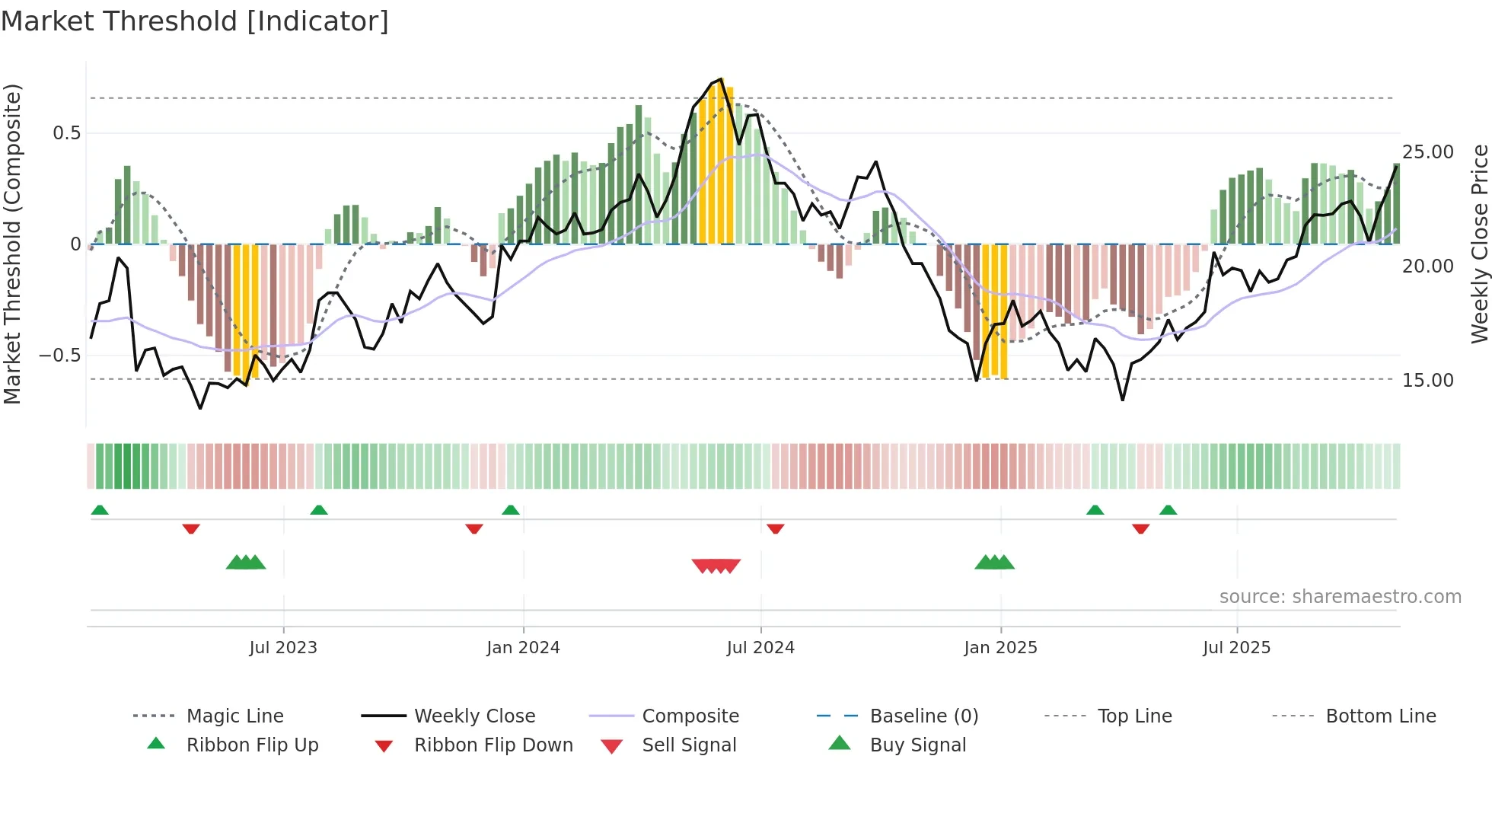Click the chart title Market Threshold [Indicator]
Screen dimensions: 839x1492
pyautogui.click(x=195, y=21)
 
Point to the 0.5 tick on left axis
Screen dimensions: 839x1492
pyautogui.click(x=66, y=133)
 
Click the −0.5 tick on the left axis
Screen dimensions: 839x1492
pyautogui.click(x=59, y=356)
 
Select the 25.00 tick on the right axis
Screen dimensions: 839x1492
pyautogui.click(x=1428, y=152)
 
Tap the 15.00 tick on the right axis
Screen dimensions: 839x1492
pyautogui.click(x=1428, y=381)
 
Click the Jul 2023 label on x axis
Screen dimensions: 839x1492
pyautogui.click(x=283, y=648)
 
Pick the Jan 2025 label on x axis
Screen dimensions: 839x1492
pyautogui.click(x=1000, y=648)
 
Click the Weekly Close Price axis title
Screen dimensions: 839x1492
pyautogui.click(x=1479, y=244)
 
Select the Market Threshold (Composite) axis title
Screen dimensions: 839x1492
pyautogui.click(x=12, y=244)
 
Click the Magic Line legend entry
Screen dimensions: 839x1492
pyautogui.click(x=234, y=716)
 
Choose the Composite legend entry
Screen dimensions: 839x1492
pyautogui.click(x=690, y=716)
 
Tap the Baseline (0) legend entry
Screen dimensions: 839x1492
pyautogui.click(x=923, y=716)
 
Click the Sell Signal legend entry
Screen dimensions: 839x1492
pyautogui.click(x=689, y=745)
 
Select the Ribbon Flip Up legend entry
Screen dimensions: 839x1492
pyautogui.click(x=252, y=745)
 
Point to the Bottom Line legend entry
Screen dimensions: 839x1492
pyautogui.click(x=1380, y=716)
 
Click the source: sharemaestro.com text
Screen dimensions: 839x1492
pyautogui.click(x=1340, y=597)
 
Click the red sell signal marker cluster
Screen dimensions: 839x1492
pyautogui.click(x=716, y=566)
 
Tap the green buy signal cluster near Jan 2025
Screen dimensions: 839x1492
pyautogui.click(x=995, y=563)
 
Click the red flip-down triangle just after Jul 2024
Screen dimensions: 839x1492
pyautogui.click(x=776, y=528)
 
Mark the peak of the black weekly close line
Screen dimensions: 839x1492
pyautogui.click(x=721, y=79)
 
